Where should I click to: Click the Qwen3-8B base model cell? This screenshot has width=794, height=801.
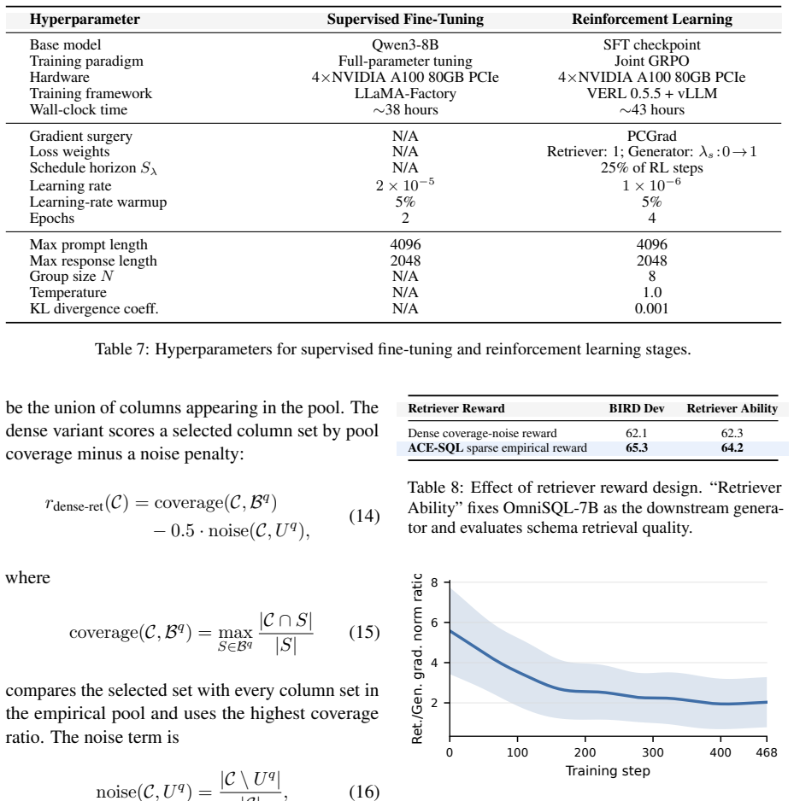[x=405, y=45]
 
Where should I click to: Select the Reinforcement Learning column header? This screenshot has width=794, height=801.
[x=652, y=20]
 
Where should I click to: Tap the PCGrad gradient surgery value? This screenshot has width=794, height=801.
[x=652, y=136]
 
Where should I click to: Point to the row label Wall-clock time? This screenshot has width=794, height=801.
[x=79, y=110]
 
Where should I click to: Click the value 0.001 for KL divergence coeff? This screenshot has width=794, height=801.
[x=651, y=308]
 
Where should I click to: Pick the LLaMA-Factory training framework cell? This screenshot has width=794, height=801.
[x=405, y=93]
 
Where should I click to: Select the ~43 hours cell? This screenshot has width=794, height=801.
[x=652, y=110]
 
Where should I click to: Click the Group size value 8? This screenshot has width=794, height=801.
[x=652, y=277]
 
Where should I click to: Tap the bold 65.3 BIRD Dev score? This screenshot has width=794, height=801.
[x=637, y=448]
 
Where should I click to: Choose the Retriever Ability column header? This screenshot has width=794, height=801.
[x=732, y=409]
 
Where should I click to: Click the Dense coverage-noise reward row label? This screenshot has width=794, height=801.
[x=482, y=433]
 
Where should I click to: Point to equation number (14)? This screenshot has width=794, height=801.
[x=364, y=517]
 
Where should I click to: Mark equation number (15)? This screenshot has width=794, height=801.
[x=364, y=633]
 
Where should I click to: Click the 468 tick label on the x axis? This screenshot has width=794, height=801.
[x=767, y=752]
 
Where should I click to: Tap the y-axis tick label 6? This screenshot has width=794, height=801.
[x=434, y=623]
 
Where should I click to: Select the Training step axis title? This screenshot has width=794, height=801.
[x=608, y=771]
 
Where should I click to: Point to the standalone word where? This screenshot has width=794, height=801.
[x=27, y=578]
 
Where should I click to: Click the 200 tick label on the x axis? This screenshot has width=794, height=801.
[x=585, y=752]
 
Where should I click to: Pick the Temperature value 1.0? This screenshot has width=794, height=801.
[x=652, y=292]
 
